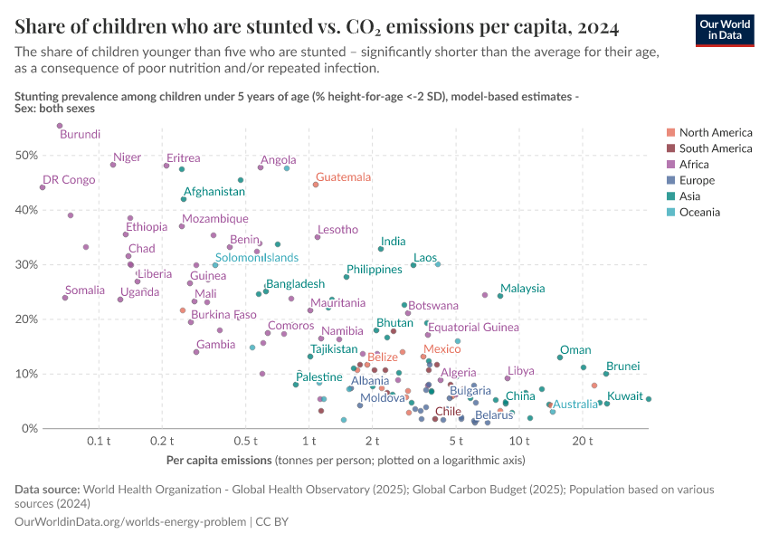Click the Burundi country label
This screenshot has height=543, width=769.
point(80,135)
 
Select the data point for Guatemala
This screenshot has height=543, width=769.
point(316,185)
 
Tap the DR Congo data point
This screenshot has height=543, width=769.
point(43,187)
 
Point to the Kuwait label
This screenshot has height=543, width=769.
point(625,396)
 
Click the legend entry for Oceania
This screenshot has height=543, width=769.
point(699,213)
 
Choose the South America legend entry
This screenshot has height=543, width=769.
point(715,148)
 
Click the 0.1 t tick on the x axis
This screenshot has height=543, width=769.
point(99,441)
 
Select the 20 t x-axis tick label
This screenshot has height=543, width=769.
point(582,441)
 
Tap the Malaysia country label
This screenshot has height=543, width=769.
point(522,289)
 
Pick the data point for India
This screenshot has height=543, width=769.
point(381,249)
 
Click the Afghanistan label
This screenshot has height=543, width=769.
point(214,192)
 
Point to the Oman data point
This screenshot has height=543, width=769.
point(560,357)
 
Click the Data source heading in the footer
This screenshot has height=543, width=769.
point(47,490)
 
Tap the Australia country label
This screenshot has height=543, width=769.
point(575,405)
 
